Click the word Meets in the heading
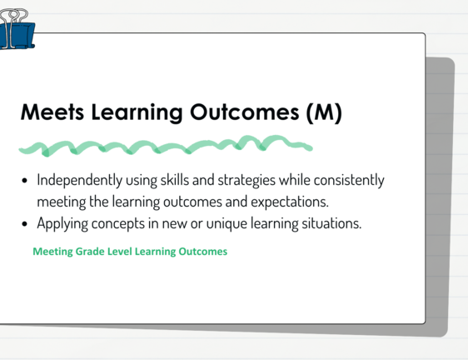tap(52, 112)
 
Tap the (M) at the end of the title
tap(324, 112)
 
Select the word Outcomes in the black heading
tap(245, 112)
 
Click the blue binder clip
tap(17, 30)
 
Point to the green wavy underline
tap(166, 146)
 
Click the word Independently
tap(79, 180)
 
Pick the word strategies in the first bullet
tap(246, 181)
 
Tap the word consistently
tap(349, 180)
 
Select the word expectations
tap(290, 202)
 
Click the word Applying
tap(62, 224)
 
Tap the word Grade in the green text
tap(90, 252)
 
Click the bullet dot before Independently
tap(24, 181)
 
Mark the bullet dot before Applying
tap(24, 224)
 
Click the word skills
tap(175, 180)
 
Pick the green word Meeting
tap(52, 252)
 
